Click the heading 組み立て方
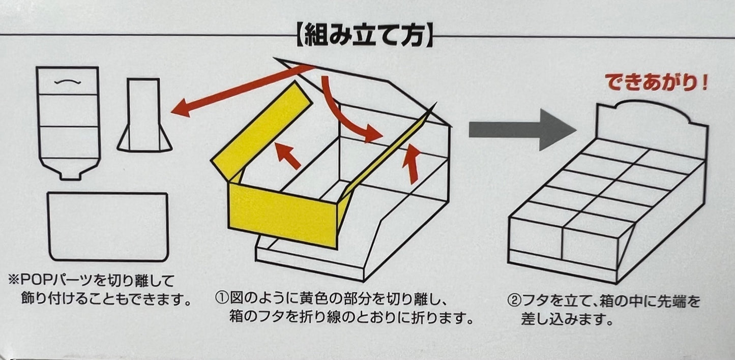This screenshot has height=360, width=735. pos(364,36)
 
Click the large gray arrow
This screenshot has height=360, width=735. pos(521,129)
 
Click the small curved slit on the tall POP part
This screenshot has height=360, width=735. pos(68,81)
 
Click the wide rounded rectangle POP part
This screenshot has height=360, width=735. pos(107,226)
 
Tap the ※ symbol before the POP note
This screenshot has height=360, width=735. pos(13,280)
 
